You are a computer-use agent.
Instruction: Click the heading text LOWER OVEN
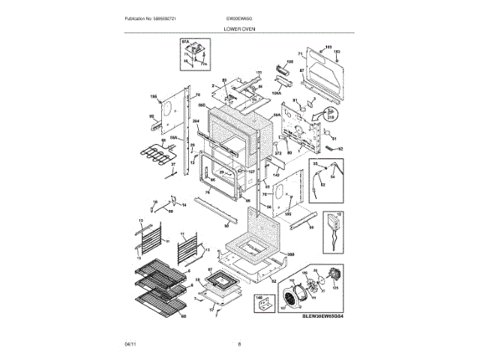click(239, 28)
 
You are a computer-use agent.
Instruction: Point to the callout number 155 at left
click(154, 97)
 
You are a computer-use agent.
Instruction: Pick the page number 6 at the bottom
click(239, 344)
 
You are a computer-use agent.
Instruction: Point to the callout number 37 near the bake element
click(172, 163)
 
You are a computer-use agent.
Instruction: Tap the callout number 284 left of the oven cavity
click(196, 120)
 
